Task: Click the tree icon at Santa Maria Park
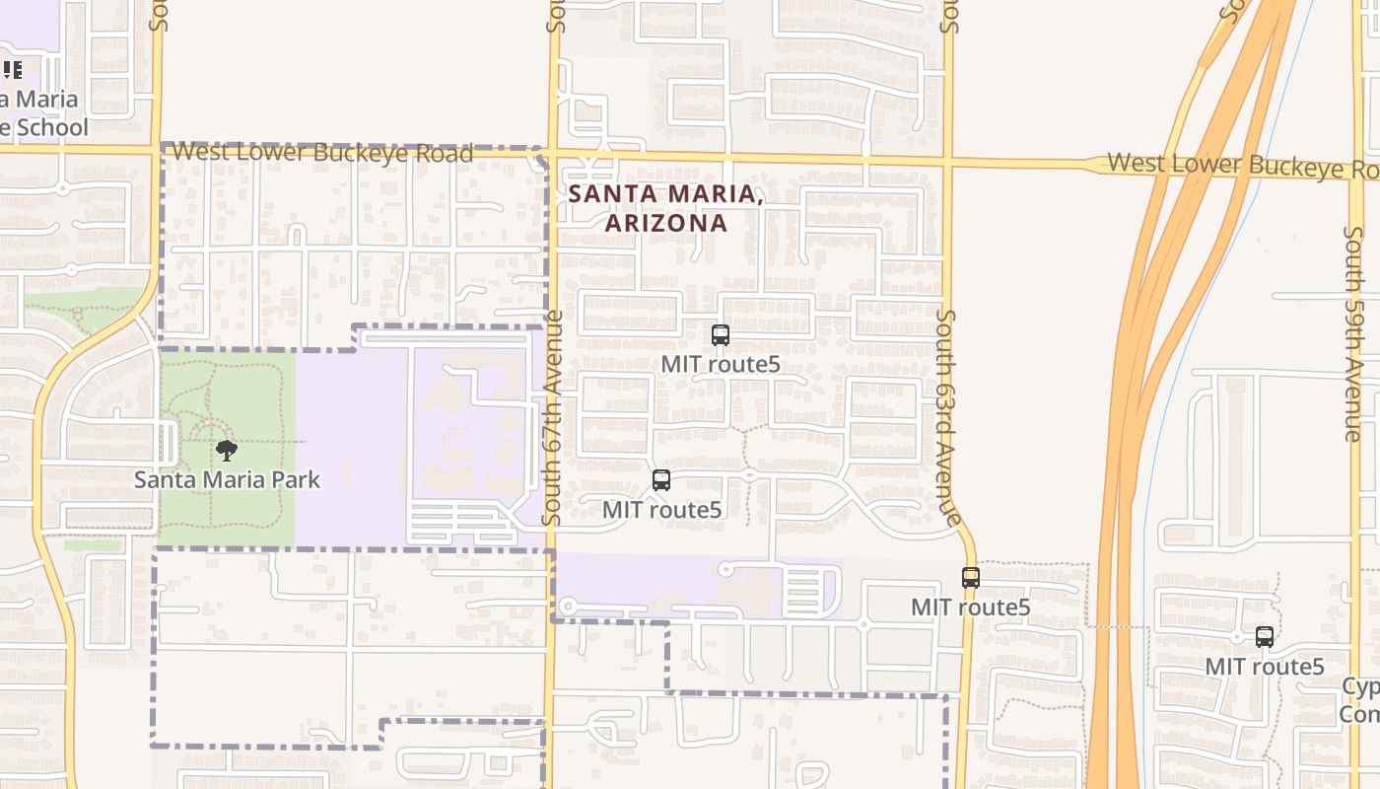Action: tap(227, 452)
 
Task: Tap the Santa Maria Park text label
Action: tap(227, 480)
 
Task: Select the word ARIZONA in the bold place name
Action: tap(666, 223)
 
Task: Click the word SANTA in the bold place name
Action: tap(605, 194)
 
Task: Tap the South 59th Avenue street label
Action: tap(1352, 333)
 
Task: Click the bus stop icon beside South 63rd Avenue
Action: tap(971, 578)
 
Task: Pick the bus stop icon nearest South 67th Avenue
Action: tap(661, 480)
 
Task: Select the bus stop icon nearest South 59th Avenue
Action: tap(1265, 637)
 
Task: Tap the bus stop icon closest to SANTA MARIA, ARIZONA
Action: tap(721, 335)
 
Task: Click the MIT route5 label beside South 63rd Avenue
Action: tap(970, 608)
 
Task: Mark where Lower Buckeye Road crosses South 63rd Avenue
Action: tap(947, 159)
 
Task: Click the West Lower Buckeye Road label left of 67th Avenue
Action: tap(322, 153)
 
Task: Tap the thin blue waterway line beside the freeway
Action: tap(1146, 493)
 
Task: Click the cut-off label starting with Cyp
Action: tap(1361, 686)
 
